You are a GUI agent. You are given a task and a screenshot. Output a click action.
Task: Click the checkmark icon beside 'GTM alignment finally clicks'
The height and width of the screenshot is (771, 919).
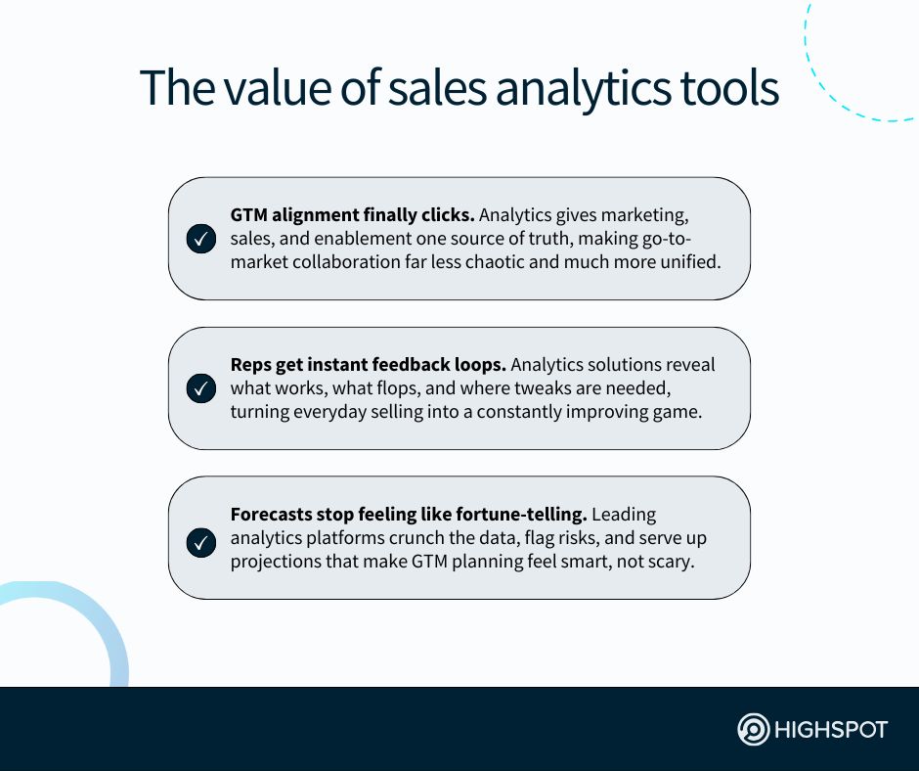pos(201,239)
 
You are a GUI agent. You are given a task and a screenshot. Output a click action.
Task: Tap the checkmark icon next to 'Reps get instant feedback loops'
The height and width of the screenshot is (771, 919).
pos(201,388)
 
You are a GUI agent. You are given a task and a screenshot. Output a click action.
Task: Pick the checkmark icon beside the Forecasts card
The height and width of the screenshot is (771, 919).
pos(201,543)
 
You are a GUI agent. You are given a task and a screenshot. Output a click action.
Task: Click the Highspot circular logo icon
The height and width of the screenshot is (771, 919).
pos(753,729)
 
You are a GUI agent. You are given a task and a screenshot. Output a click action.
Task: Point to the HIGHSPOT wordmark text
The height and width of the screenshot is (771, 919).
pos(831,730)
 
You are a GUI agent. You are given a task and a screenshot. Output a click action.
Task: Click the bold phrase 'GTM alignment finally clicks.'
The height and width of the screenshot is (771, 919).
pos(352,215)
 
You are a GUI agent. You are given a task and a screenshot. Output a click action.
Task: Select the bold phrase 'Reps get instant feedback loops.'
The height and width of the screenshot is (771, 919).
pos(368,365)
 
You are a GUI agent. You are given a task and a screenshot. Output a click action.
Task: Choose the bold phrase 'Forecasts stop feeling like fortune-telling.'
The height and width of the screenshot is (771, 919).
pos(409,515)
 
